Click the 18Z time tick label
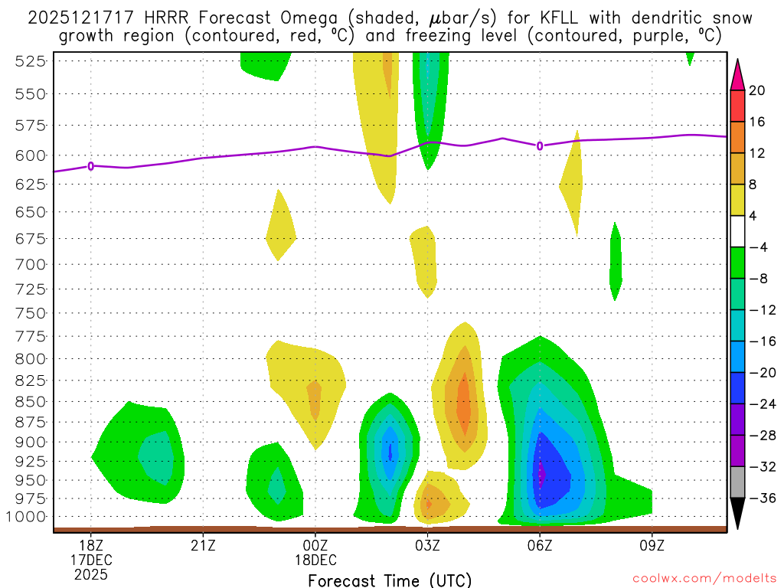pyautogui.click(x=91, y=545)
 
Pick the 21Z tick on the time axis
pyautogui.click(x=203, y=545)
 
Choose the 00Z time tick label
pyautogui.click(x=315, y=545)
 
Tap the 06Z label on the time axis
pyautogui.click(x=540, y=545)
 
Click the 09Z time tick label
pyautogui.click(x=652, y=545)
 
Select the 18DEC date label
pyautogui.click(x=315, y=560)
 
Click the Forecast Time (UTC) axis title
pyautogui.click(x=390, y=580)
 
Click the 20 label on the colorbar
pyautogui.click(x=757, y=90)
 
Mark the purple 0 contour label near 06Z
pyautogui.click(x=540, y=145)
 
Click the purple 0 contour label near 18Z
pyautogui.click(x=91, y=165)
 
